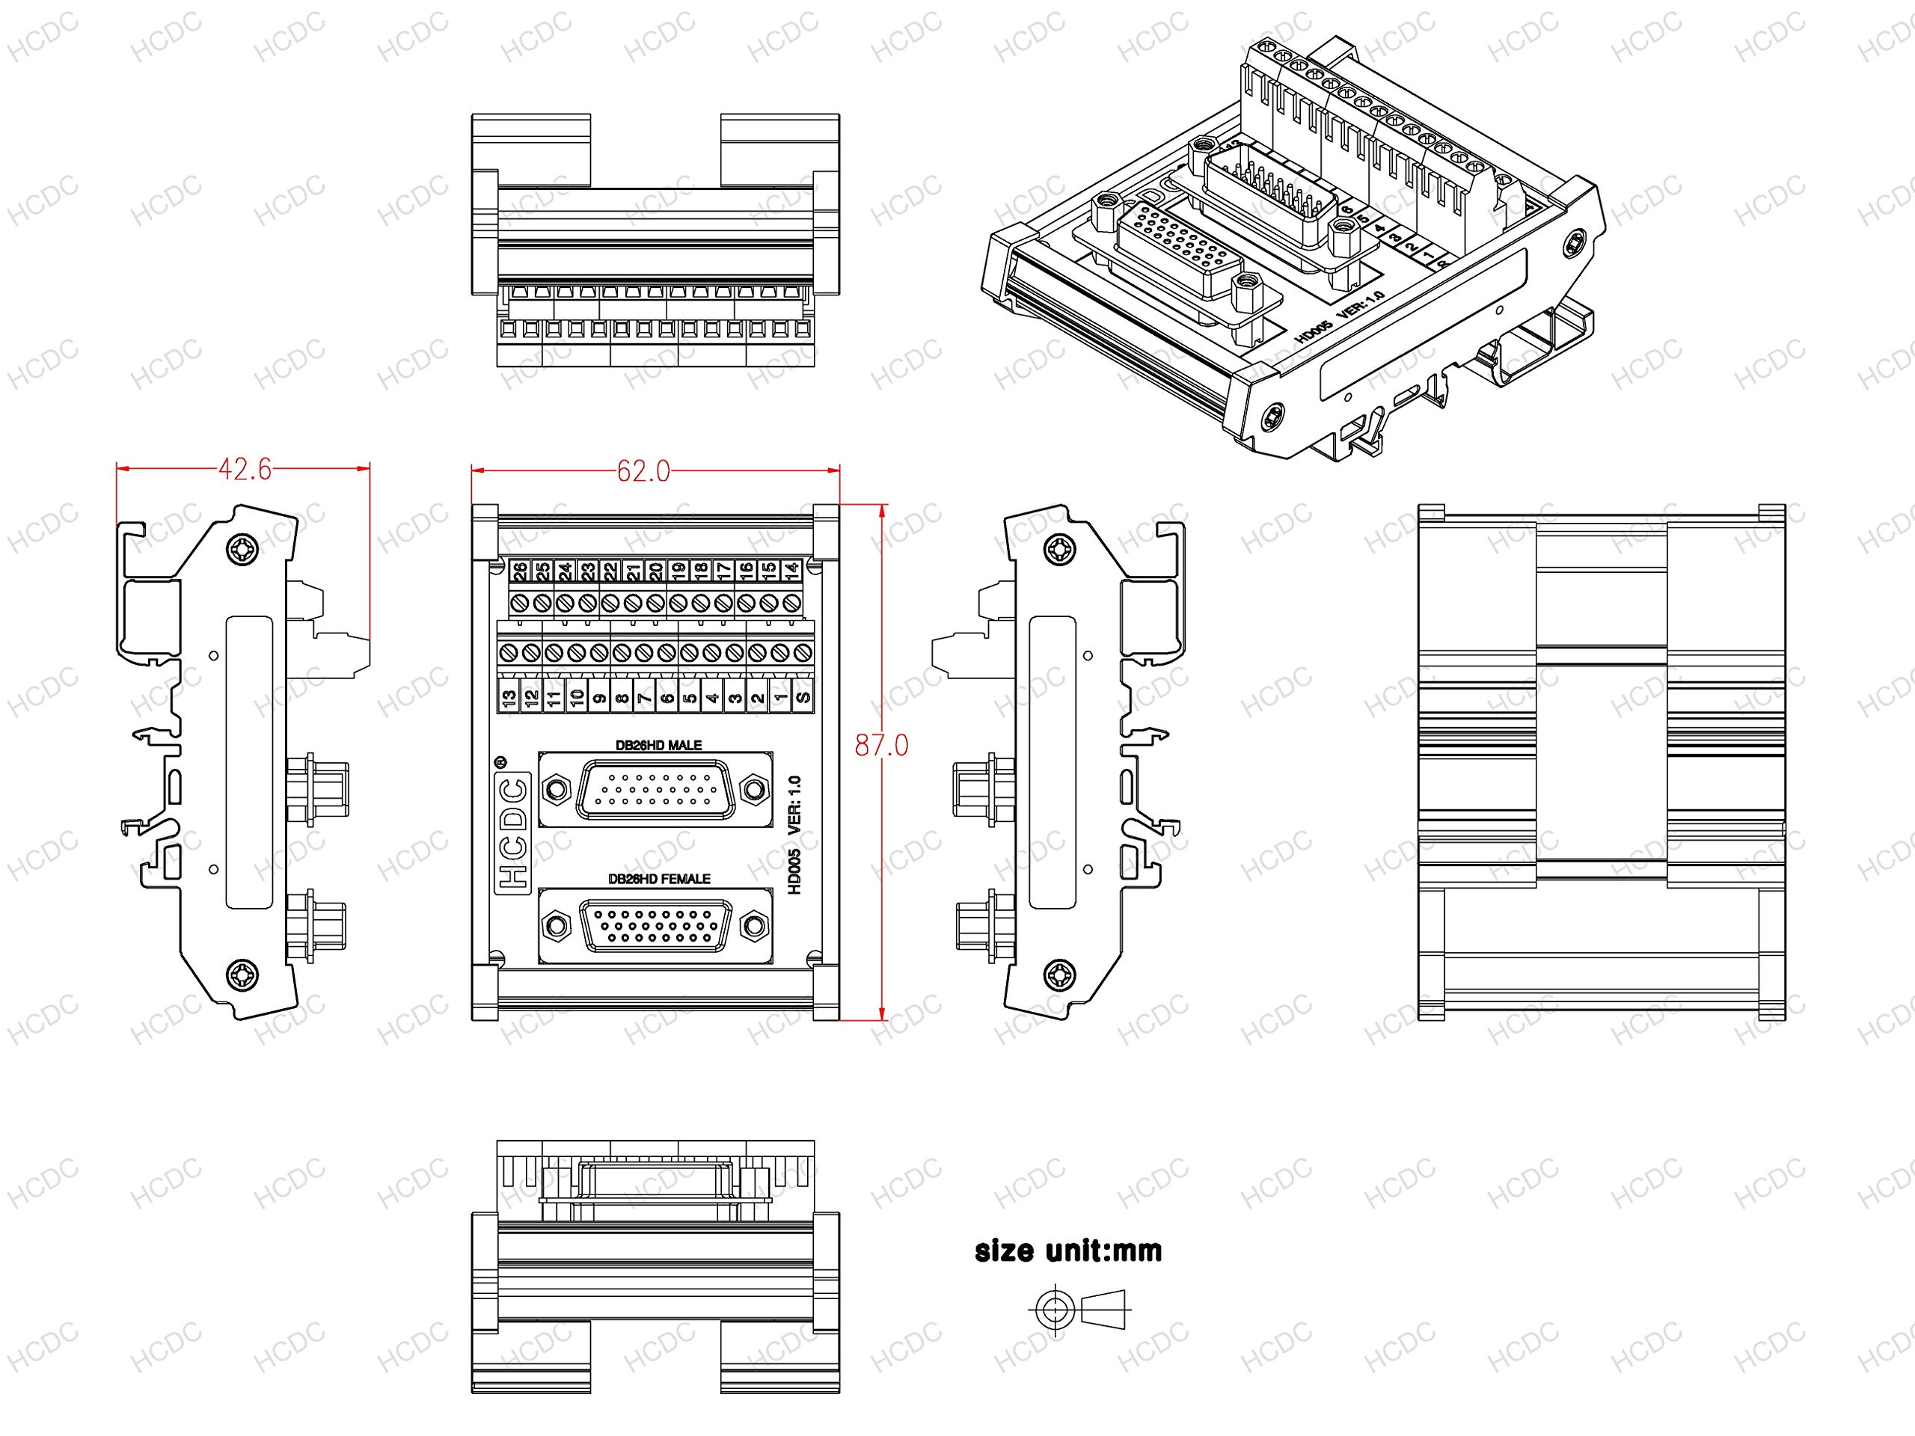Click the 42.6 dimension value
pos(245,469)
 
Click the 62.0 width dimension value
pos(643,471)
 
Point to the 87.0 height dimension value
pos(881,745)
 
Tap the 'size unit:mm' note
pos(1068,1251)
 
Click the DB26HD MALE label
pos(658,744)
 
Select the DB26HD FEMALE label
pos(659,879)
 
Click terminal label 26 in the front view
pos(519,571)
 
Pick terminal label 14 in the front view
pos(791,571)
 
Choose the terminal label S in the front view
pos(803,697)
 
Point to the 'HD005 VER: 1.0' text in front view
pos(794,835)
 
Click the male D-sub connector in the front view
pos(655,789)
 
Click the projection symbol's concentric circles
pos(1053,1309)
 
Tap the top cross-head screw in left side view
pos(242,549)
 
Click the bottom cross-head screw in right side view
pos(1060,975)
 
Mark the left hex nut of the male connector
pos(554,789)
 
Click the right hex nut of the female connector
pos(755,926)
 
